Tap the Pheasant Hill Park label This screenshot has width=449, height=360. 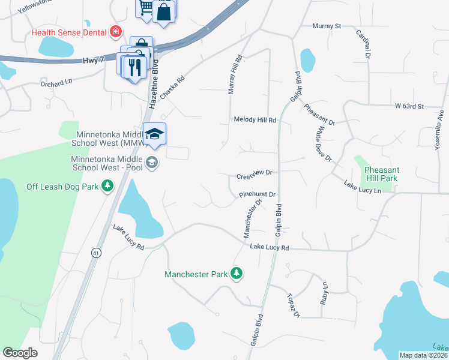point(381,175)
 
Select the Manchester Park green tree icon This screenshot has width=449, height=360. point(237,274)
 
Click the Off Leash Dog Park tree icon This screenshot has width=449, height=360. point(107,187)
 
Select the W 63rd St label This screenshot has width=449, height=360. point(409,106)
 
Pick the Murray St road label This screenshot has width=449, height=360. point(327,26)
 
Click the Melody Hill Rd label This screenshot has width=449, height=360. point(255,120)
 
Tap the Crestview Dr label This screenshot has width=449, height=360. point(255,173)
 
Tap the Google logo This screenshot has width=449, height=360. point(20,353)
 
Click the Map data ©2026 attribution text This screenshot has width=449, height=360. point(423,355)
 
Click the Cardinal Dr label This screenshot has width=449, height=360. point(362,44)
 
